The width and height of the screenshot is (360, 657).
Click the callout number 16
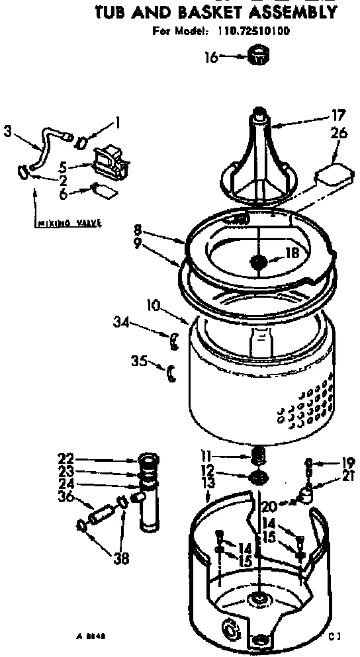click(209, 58)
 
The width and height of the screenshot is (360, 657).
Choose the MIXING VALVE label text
click(67, 223)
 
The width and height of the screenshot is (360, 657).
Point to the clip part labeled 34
click(175, 341)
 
